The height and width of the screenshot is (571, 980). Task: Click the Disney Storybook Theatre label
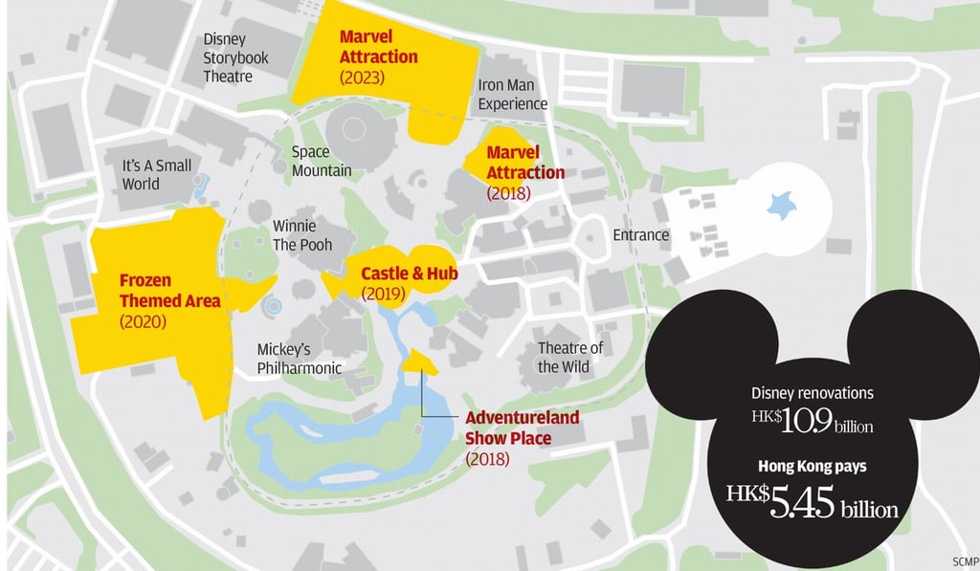point(235,57)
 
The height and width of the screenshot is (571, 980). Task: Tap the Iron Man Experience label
point(513,94)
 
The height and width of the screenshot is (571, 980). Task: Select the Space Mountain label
point(322,161)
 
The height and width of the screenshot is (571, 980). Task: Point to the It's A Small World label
point(156,174)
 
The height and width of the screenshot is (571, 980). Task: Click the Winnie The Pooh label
point(302,235)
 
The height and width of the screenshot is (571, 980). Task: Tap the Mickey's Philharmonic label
point(299,359)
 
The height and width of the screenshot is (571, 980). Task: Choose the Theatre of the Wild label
point(570,357)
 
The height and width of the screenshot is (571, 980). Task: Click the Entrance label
point(641,234)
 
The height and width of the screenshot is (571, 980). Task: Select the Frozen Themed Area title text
point(169,290)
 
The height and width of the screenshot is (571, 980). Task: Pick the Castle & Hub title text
point(409,274)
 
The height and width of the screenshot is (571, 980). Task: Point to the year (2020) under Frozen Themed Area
point(143,321)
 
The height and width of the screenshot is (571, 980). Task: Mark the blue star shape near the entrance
point(782,203)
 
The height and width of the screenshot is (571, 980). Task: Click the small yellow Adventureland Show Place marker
point(418,362)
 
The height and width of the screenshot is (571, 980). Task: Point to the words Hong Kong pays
point(812,467)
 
